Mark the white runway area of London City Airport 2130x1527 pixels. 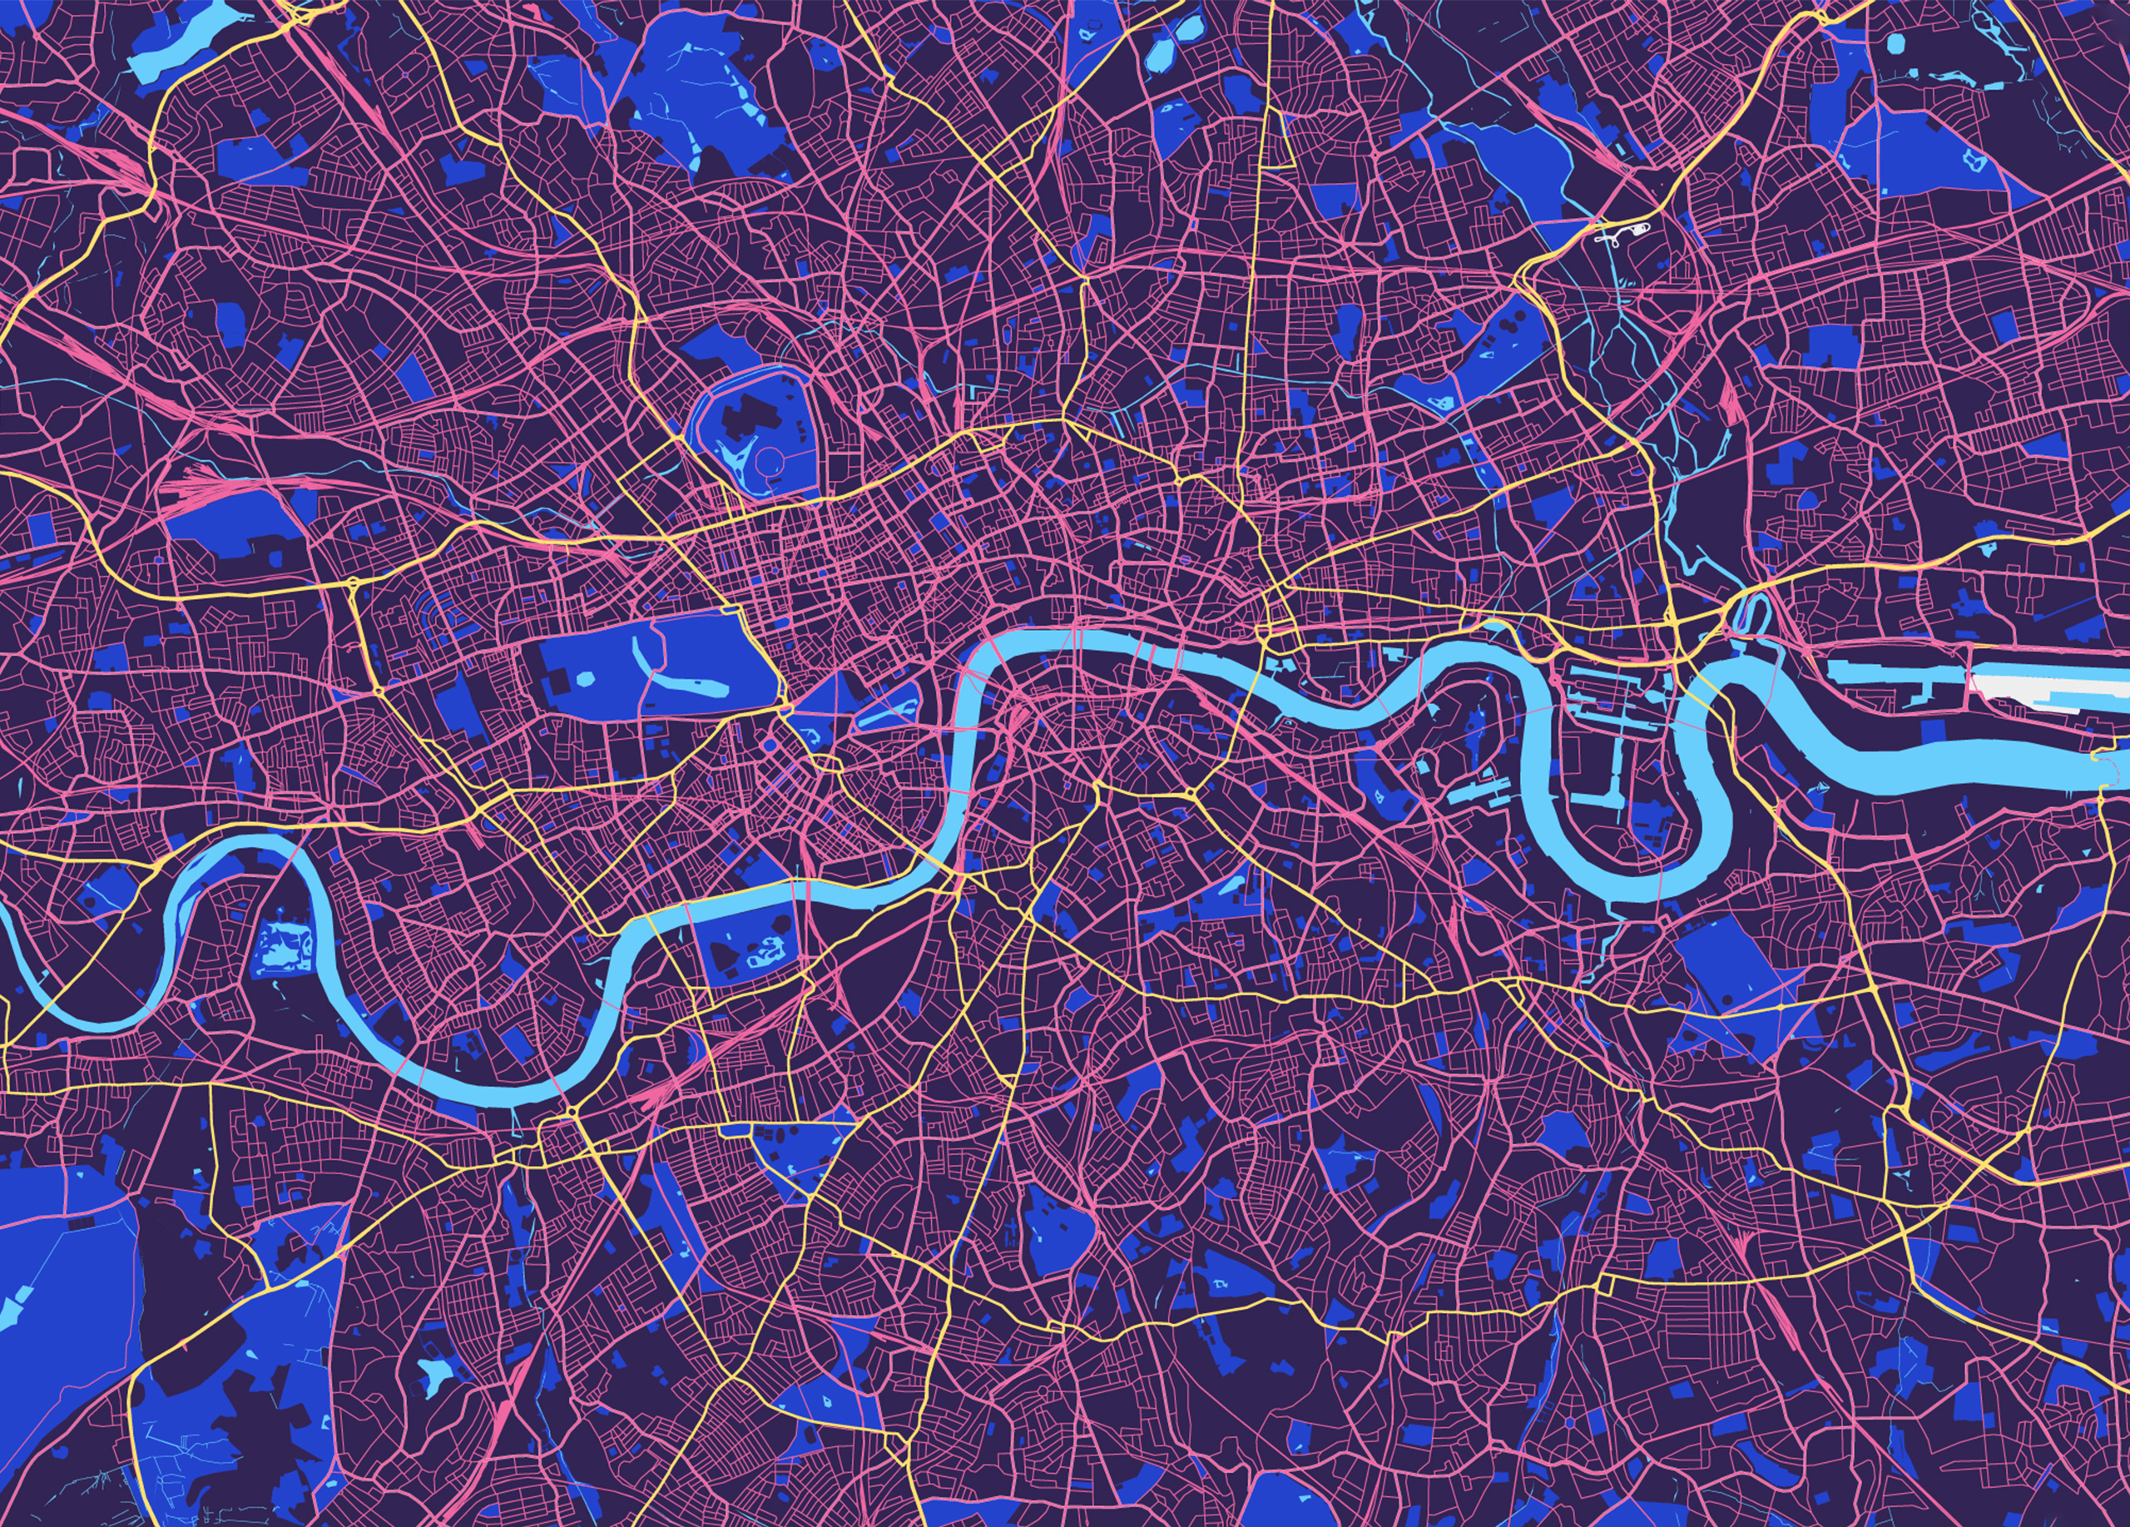pyautogui.click(x=2048, y=685)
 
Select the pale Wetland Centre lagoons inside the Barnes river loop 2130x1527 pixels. pyautogui.click(x=283, y=944)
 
